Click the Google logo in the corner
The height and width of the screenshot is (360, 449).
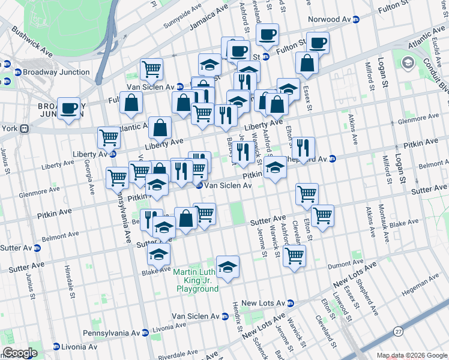20,353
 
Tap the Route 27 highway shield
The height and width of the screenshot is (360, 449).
398,331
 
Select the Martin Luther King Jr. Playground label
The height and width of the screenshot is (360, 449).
197,280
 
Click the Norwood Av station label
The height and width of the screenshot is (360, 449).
333,19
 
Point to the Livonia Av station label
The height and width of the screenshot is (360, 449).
76,347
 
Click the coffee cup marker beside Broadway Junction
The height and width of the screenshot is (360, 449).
70,109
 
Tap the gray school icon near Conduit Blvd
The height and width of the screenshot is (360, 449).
408,63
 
